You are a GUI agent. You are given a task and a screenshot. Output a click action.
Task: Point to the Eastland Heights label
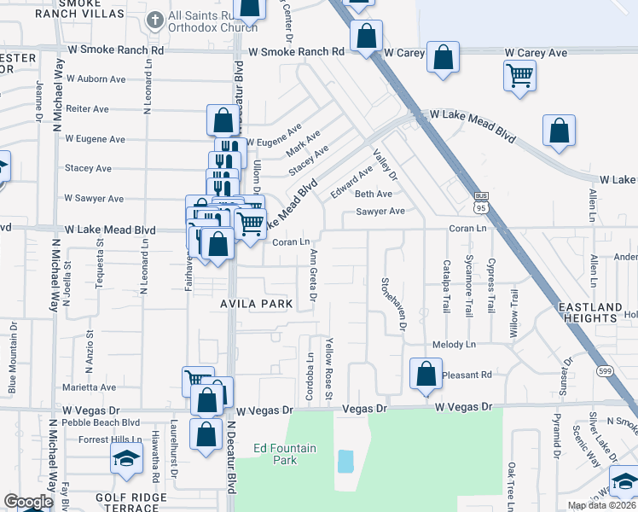pyautogui.click(x=589, y=311)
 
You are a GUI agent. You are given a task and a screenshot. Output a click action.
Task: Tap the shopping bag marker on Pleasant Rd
pyautogui.click(x=426, y=374)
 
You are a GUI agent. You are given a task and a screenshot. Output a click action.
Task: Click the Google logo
pyautogui.click(x=28, y=502)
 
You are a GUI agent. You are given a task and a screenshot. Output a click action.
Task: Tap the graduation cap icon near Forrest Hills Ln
pyautogui.click(x=126, y=459)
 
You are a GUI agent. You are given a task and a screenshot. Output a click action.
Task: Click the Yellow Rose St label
pyautogui.click(x=328, y=368)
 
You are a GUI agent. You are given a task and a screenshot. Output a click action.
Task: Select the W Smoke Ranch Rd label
pyautogui.click(x=297, y=52)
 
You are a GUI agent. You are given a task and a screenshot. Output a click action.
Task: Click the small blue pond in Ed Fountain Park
pyautogui.click(x=345, y=462)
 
